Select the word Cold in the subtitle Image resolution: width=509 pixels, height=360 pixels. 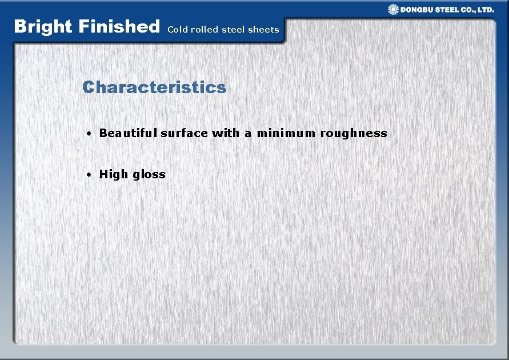[178, 29]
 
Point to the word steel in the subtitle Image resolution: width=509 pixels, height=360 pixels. [234, 29]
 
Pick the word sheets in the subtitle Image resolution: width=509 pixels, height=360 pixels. [263, 29]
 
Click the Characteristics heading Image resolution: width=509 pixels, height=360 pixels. [154, 87]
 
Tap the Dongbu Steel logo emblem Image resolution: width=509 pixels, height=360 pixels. [394, 9]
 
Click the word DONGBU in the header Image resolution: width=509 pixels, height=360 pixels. [419, 10]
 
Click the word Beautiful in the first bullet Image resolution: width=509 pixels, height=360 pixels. [129, 133]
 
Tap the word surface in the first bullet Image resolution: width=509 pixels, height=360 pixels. [184, 133]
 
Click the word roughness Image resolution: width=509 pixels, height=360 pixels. [354, 133]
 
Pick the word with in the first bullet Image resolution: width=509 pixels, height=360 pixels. [226, 133]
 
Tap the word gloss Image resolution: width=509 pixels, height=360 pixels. [149, 175]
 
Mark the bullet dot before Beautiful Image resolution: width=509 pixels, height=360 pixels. [90, 134]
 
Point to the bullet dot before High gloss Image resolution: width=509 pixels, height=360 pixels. [90, 175]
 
